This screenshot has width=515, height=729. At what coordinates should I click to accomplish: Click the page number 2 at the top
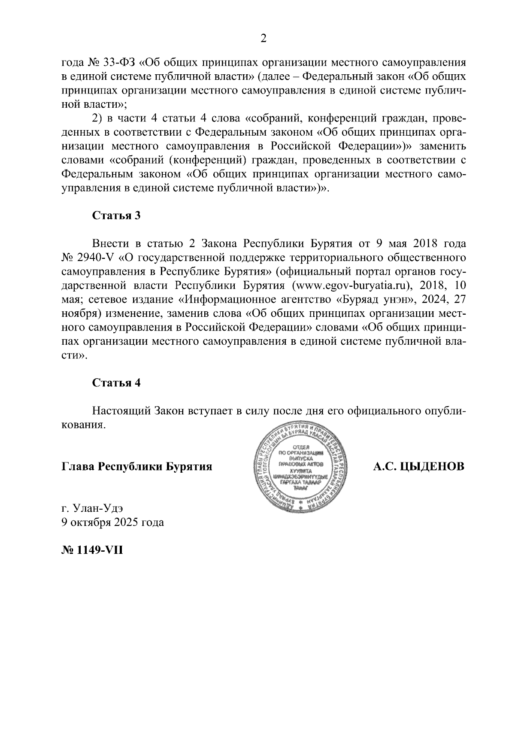click(x=264, y=39)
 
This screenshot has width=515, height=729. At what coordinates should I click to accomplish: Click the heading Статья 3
click(x=116, y=216)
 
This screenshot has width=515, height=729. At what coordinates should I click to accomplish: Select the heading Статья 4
click(x=116, y=383)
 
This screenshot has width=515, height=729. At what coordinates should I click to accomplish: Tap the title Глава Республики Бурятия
click(x=137, y=466)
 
